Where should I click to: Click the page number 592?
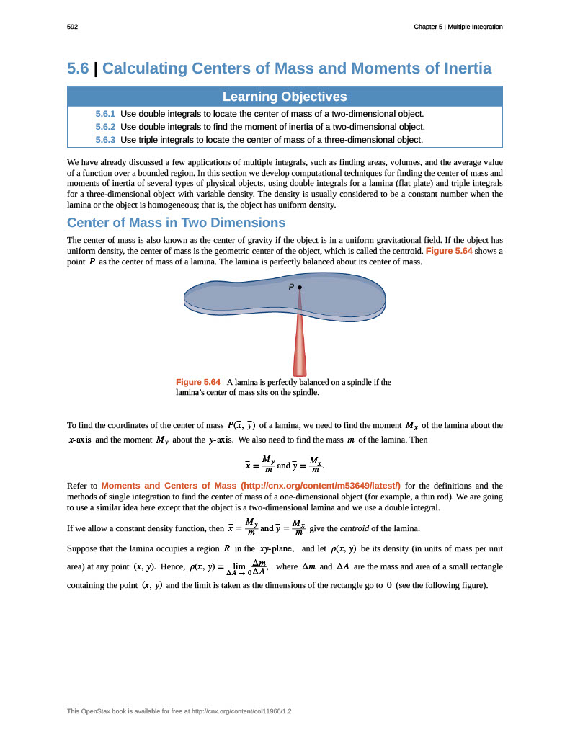point(72,27)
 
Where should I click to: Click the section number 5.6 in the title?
point(78,68)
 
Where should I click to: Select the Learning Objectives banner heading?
point(285,97)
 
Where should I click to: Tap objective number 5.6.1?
point(105,114)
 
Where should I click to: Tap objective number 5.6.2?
point(105,127)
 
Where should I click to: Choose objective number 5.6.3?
point(105,140)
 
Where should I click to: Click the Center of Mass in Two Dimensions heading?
point(176,222)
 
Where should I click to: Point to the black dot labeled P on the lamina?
point(300,287)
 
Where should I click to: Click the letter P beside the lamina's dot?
point(291,287)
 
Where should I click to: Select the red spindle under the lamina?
point(300,346)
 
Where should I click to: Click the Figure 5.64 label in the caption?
point(198,382)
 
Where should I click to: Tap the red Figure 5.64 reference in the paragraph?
point(449,251)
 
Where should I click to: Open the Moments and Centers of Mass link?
point(251,485)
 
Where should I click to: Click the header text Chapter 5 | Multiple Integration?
point(458,27)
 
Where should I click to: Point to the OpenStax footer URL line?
point(179,711)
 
